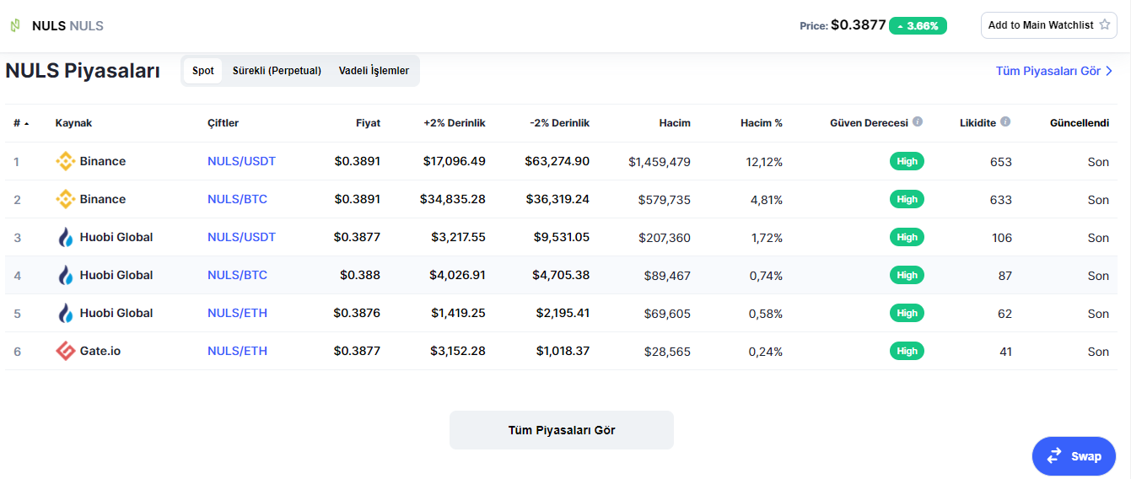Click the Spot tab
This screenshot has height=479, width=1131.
pos(202,71)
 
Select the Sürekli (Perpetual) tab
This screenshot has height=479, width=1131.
pos(277,71)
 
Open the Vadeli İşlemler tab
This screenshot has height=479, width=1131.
pos(374,71)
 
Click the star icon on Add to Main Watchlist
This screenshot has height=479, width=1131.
pos(1105,24)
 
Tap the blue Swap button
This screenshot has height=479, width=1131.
pos(1074,456)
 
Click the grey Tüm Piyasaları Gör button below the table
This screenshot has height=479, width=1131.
pos(562,430)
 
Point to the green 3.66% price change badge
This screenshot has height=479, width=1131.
pos(918,26)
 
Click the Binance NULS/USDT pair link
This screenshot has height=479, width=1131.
pos(241,161)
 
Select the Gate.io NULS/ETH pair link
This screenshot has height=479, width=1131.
pos(237,351)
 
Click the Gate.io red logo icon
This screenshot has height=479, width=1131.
pos(65,351)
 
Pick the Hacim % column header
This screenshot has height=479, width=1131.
pos(762,122)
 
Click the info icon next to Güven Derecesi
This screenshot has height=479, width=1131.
pos(918,121)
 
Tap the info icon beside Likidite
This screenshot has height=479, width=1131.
pos(1005,121)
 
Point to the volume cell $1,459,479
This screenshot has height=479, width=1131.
pos(660,162)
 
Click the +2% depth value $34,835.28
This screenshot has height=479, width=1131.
pos(452,199)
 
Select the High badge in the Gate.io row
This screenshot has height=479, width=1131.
pos(907,351)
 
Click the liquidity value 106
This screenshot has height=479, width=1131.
pos(1002,238)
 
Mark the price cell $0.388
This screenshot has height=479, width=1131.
pos(360,275)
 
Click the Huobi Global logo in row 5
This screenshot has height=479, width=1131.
pos(65,313)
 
